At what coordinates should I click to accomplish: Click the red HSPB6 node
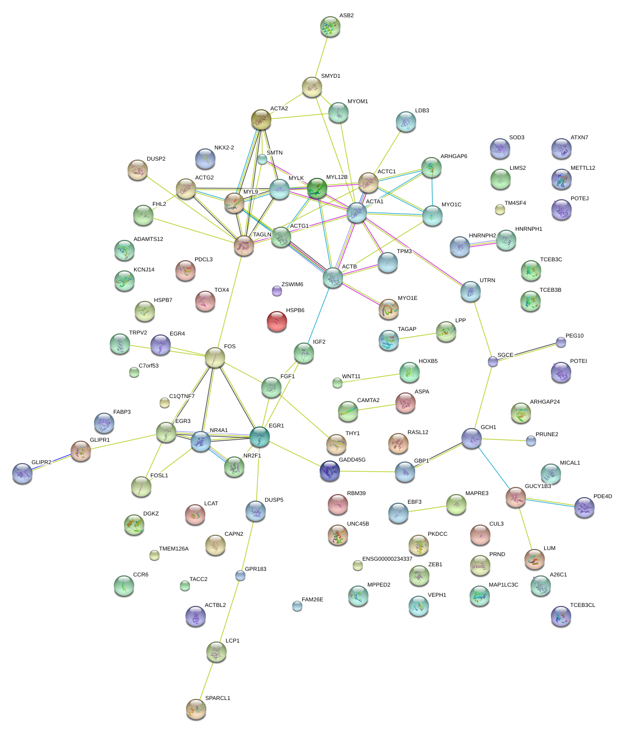tap(277, 321)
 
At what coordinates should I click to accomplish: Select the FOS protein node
tap(215, 358)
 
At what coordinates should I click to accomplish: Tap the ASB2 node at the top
tap(330, 27)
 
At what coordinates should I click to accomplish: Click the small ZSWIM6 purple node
tap(277, 291)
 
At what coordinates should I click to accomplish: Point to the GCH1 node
tap(472, 438)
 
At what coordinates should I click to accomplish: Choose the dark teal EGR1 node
tap(260, 436)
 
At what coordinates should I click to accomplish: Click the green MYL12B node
tap(317, 188)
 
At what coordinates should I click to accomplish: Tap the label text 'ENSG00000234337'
tap(387, 559)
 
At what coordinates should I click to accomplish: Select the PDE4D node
tap(584, 507)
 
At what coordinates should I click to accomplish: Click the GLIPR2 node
tap(22, 473)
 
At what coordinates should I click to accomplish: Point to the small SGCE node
tap(493, 361)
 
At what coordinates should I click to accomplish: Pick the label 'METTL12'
tap(582, 168)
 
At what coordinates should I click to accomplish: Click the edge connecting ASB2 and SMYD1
tap(321, 57)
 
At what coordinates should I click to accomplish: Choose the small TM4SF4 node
tap(500, 209)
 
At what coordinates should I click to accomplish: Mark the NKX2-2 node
tap(205, 159)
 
